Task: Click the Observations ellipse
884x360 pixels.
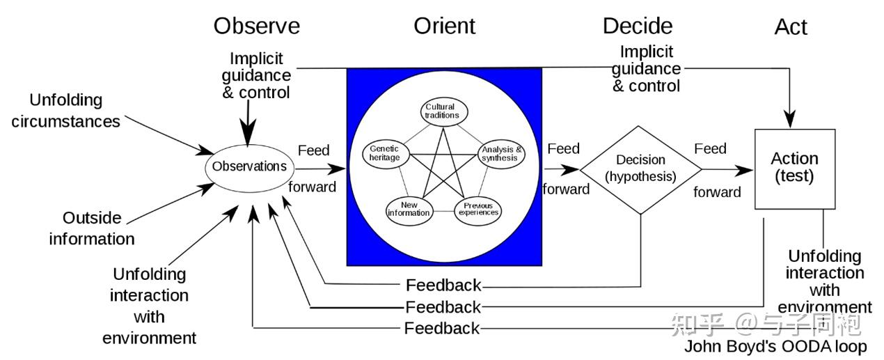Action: pyautogui.click(x=249, y=167)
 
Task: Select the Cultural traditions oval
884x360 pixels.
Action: pyautogui.click(x=443, y=111)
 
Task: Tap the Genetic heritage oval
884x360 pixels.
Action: pyautogui.click(x=386, y=153)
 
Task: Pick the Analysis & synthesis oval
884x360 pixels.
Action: pyautogui.click(x=500, y=154)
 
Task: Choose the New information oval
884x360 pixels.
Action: pyautogui.click(x=409, y=209)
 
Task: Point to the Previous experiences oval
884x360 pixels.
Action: pyautogui.click(x=477, y=209)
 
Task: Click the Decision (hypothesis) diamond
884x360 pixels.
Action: pyautogui.click(x=640, y=169)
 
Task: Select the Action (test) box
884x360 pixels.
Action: pyautogui.click(x=795, y=169)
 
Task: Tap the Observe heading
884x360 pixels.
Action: pyautogui.click(x=257, y=26)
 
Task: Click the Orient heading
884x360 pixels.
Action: pyautogui.click(x=444, y=26)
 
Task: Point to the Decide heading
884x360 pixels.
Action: pyautogui.click(x=638, y=26)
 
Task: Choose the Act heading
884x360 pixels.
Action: pyautogui.click(x=791, y=27)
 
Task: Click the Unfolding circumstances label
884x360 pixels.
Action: pyautogui.click(x=66, y=111)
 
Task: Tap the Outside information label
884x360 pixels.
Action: pyautogui.click(x=92, y=228)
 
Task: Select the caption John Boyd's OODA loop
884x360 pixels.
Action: pyautogui.click(x=775, y=347)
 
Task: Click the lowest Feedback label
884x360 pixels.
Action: pyautogui.click(x=442, y=328)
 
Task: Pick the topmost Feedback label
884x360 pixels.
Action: pyautogui.click(x=443, y=285)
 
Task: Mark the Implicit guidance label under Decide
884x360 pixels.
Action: pyautogui.click(x=647, y=69)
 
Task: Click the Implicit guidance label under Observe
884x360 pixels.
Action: pyautogui.click(x=256, y=75)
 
